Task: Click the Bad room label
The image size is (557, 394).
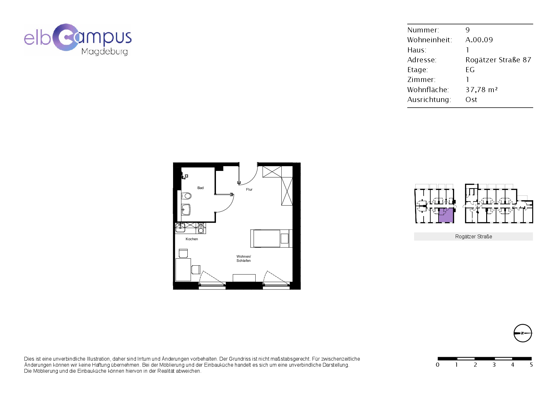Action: pos(200,188)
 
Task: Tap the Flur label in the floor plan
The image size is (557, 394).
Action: pos(249,189)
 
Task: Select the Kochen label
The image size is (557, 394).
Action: pos(192,239)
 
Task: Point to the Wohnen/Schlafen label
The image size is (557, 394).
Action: pos(244,259)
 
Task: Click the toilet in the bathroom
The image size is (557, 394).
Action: pos(186,195)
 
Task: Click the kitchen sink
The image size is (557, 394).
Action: pos(180,227)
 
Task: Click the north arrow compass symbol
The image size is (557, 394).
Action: pos(523,333)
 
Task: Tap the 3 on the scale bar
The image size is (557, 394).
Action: pos(494,365)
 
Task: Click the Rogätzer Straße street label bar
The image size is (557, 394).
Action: pos(473,236)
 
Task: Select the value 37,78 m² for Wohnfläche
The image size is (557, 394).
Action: pos(481,90)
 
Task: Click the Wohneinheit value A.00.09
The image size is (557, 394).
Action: pos(479,40)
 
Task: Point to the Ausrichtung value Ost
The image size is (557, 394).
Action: pos(471,99)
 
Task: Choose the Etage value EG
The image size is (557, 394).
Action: pos(470,70)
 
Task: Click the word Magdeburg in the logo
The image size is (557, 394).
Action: pos(105,51)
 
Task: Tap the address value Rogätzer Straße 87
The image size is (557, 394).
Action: pos(498,60)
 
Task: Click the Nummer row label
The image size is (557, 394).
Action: pos(423,30)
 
